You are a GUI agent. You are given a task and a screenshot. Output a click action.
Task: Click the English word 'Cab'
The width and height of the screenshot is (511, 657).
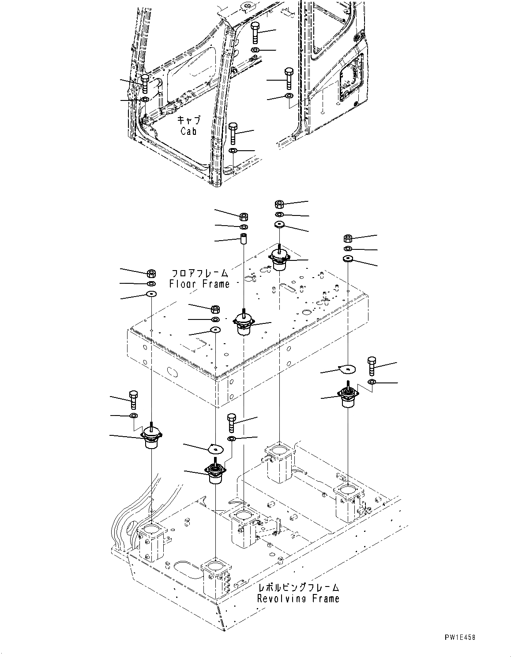(x=188, y=131)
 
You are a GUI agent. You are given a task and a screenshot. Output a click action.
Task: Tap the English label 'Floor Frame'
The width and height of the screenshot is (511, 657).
(x=199, y=284)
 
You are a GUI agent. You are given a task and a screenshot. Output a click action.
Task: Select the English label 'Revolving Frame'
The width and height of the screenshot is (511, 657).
(x=298, y=598)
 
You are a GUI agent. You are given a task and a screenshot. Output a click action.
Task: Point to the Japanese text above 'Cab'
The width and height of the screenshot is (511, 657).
(x=189, y=120)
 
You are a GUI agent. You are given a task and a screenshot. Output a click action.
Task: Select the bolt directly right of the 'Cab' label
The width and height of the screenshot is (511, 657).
(x=233, y=133)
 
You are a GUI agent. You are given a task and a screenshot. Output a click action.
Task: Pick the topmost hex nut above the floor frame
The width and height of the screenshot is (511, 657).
(x=279, y=204)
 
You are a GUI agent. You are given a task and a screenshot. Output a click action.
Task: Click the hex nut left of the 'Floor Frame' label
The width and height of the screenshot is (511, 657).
(x=150, y=273)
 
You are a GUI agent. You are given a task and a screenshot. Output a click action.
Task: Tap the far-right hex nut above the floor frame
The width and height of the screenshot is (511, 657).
(x=347, y=239)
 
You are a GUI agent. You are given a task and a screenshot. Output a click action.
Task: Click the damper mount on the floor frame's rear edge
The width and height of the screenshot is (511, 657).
(x=279, y=260)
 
